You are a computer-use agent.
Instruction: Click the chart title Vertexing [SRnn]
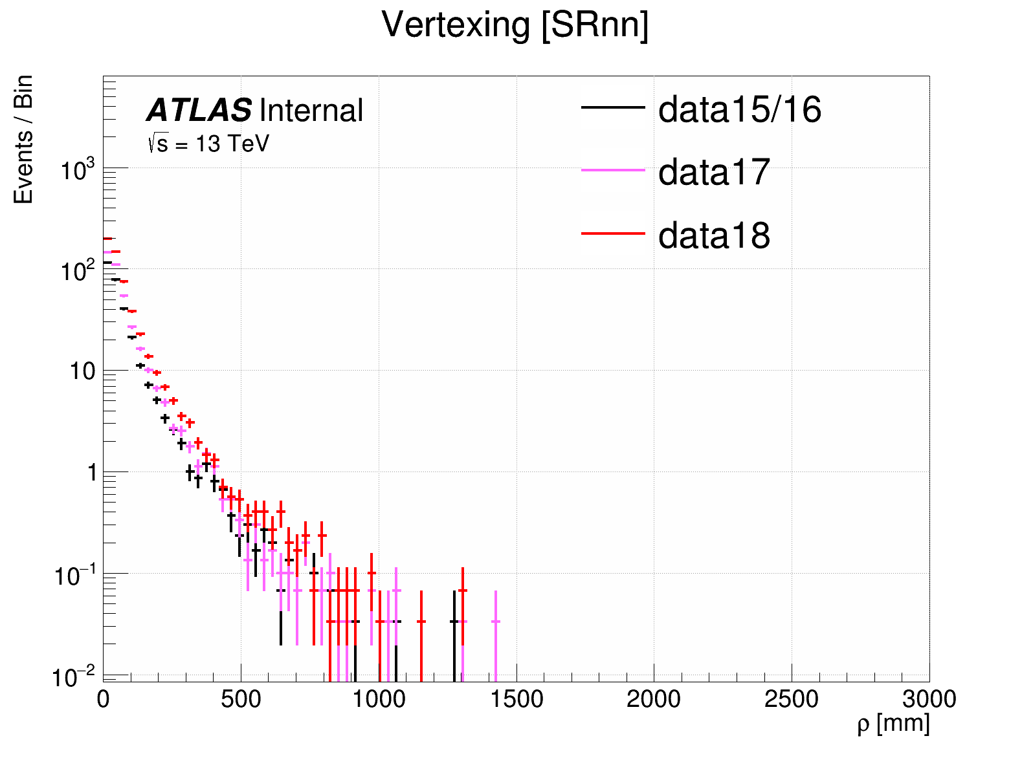pyautogui.click(x=515, y=26)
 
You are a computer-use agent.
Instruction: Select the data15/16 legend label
pyautogui.click(x=739, y=109)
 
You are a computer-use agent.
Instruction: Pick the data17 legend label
pyautogui.click(x=714, y=172)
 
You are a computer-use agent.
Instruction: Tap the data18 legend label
pyautogui.click(x=714, y=235)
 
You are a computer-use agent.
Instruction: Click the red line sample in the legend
pyautogui.click(x=613, y=233)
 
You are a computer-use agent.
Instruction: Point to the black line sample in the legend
pyautogui.click(x=613, y=107)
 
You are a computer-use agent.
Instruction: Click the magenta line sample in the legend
pyautogui.click(x=613, y=170)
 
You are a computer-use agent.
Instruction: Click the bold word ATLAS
pyautogui.click(x=199, y=111)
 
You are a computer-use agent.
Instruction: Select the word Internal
pyautogui.click(x=311, y=111)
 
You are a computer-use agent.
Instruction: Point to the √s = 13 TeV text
pyautogui.click(x=208, y=144)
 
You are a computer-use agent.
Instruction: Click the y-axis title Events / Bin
pyautogui.click(x=23, y=140)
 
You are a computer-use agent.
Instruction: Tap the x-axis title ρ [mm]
pyautogui.click(x=893, y=723)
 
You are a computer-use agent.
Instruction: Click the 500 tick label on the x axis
pyautogui.click(x=241, y=699)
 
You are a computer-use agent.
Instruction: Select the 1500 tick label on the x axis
pyautogui.click(x=516, y=699)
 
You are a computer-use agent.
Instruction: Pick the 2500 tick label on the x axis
pyautogui.click(x=791, y=699)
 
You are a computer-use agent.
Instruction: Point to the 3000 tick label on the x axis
pyautogui.click(x=929, y=699)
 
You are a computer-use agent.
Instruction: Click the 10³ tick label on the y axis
pyautogui.click(x=77, y=171)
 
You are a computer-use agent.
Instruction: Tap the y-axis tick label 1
pyautogui.click(x=92, y=473)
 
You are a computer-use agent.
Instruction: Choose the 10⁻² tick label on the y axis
pyautogui.click(x=73, y=677)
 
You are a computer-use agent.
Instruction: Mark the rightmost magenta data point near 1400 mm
pyautogui.click(x=496, y=622)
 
